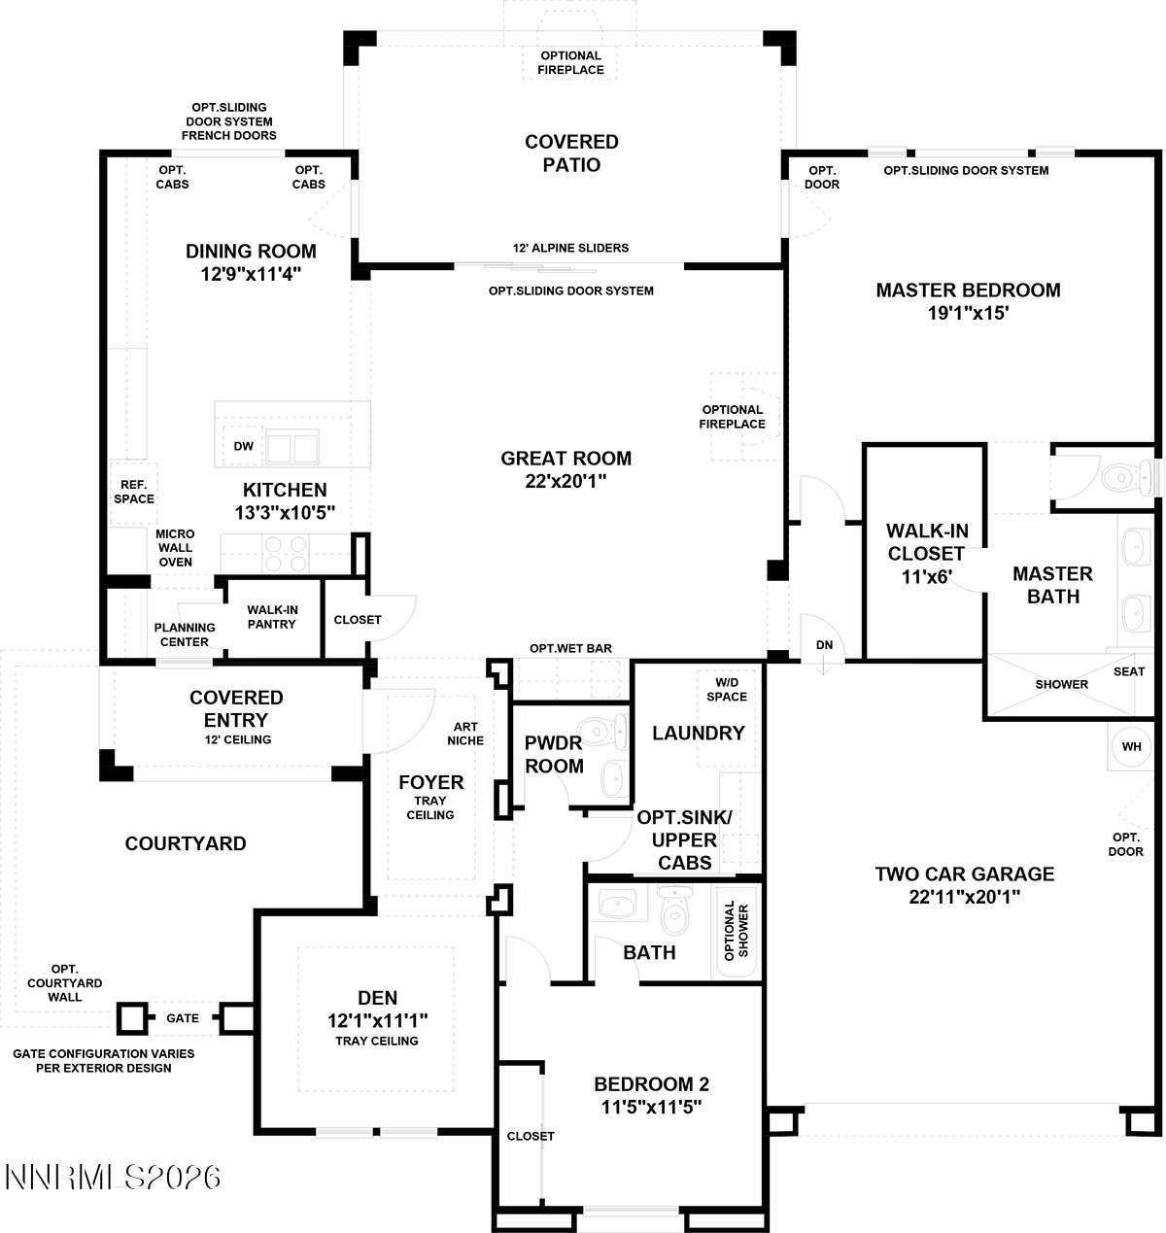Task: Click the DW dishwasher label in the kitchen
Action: [243, 446]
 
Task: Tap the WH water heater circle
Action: [1131, 746]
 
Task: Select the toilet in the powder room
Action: [602, 731]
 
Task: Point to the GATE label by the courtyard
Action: [183, 1018]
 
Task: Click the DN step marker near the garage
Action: [824, 645]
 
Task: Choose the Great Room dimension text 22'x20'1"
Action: [566, 481]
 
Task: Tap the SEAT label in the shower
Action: [1129, 671]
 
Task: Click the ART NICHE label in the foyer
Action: [465, 734]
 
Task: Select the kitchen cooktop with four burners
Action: [286, 553]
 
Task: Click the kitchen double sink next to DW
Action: [292, 446]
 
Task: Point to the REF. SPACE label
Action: [133, 492]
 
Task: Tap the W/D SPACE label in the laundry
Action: [726, 689]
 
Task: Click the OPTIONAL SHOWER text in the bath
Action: [736, 931]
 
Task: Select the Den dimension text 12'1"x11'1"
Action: [378, 1021]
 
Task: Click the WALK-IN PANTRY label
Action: [272, 616]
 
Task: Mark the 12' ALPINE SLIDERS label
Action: [570, 248]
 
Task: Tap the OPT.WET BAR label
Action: [570, 648]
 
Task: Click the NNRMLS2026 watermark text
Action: [113, 1177]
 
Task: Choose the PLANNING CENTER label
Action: [185, 634]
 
